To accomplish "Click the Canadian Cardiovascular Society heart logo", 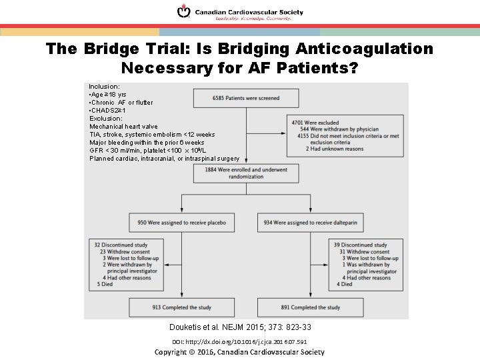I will pyautogui.click(x=183, y=12).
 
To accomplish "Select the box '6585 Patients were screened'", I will pyautogui.click(x=246, y=98).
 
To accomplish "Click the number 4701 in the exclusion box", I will pyautogui.click(x=297, y=123).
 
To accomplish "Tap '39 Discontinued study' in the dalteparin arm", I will pyautogui.click(x=359, y=245).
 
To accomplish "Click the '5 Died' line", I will pyautogui.click(x=105, y=284).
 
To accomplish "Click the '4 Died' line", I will pyautogui.click(x=345, y=284).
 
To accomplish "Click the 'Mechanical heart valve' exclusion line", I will pyautogui.click(x=123, y=127).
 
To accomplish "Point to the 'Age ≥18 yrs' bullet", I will pyautogui.click(x=110, y=95).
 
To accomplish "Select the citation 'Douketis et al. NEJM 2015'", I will pyautogui.click(x=241, y=327).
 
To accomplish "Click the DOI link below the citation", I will pyautogui.click(x=239, y=341).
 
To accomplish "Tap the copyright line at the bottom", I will pyautogui.click(x=239, y=352).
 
